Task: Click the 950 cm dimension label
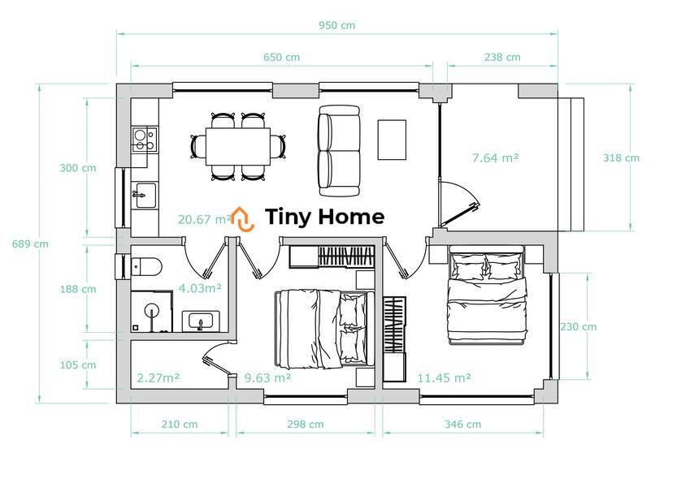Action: click(x=336, y=25)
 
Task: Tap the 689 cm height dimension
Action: click(x=30, y=244)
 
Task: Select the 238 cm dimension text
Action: click(x=502, y=57)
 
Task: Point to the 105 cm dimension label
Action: click(x=78, y=364)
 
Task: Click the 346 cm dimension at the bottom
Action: click(x=462, y=425)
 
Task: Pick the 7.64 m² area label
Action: click(x=496, y=157)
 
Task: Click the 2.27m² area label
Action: click(x=158, y=378)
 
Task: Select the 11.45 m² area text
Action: click(x=444, y=378)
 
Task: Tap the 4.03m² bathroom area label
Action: click(x=200, y=288)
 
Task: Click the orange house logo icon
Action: click(x=242, y=218)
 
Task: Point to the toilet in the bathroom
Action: click(x=146, y=266)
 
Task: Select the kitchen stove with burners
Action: click(x=145, y=140)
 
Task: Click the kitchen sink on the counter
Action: click(x=145, y=196)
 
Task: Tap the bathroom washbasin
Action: click(x=201, y=321)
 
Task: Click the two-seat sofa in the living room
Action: click(x=339, y=151)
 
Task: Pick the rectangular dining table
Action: click(x=238, y=146)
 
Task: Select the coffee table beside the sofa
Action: click(x=392, y=140)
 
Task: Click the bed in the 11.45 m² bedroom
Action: click(x=486, y=295)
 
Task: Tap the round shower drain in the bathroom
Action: click(x=152, y=310)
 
